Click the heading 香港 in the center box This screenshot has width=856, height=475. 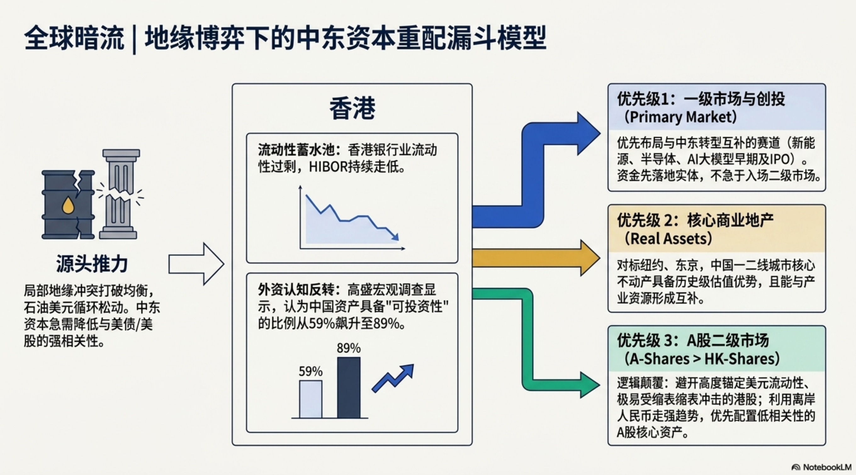tap(352, 108)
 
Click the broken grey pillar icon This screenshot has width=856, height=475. tap(120, 194)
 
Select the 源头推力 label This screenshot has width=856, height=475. tap(92, 264)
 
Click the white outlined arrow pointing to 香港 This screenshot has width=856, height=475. tap(196, 264)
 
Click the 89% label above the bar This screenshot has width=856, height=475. tap(349, 348)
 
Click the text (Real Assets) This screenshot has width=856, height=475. tap(668, 238)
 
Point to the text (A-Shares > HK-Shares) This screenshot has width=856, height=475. tap(701, 359)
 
